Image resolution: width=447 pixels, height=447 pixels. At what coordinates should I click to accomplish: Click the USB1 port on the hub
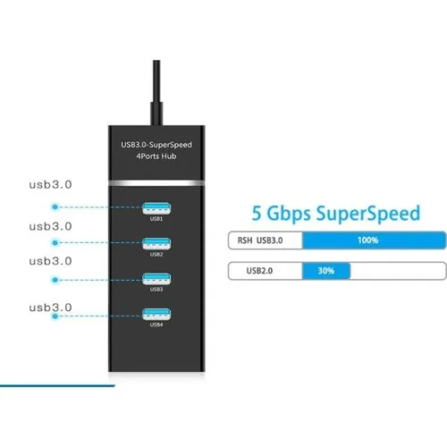[x=156, y=208]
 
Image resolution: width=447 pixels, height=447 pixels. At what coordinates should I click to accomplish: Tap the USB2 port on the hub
[x=156, y=243]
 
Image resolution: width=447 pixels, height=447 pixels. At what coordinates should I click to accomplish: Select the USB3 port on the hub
[x=156, y=279]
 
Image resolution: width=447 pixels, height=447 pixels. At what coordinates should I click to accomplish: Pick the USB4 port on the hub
[x=156, y=314]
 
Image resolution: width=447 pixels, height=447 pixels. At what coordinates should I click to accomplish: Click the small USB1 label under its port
[x=156, y=219]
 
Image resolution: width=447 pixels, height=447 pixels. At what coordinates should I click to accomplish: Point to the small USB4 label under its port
[x=156, y=325]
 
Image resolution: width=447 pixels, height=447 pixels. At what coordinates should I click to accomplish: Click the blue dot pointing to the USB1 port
[x=55, y=207]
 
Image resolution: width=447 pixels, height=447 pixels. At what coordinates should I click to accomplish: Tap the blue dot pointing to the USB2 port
[x=55, y=243]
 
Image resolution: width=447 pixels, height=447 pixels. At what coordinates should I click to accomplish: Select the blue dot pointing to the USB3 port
[x=55, y=280]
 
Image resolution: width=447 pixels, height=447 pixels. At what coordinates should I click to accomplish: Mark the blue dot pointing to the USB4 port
[x=55, y=316]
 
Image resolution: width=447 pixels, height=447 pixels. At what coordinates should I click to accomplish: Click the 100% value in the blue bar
[x=368, y=240]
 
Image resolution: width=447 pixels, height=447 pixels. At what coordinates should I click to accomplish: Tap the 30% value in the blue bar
[x=326, y=271]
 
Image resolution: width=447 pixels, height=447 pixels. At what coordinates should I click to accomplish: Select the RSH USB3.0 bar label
[x=260, y=240]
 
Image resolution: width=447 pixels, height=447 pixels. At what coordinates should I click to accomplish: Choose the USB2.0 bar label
[x=259, y=271]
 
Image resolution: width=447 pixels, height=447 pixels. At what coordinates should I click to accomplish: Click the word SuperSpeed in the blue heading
[x=368, y=214]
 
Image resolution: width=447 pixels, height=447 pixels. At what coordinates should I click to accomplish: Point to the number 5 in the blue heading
[x=257, y=213]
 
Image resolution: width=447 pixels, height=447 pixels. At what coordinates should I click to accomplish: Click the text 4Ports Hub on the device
[x=156, y=156]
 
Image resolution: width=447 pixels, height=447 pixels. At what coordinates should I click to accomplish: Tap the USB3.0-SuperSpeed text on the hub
[x=156, y=145]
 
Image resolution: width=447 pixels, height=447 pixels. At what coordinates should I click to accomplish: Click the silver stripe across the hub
[x=156, y=183]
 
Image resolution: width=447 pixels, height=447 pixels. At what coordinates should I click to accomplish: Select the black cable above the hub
[x=156, y=92]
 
